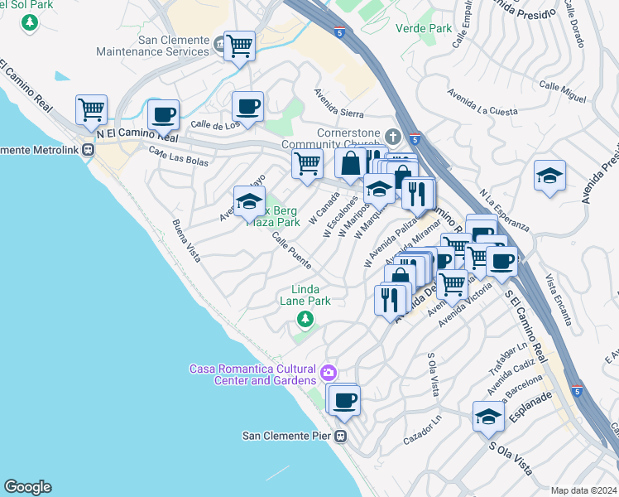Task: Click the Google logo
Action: tap(27, 487)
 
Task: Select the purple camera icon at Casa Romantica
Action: tap(329, 373)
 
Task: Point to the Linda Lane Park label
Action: tap(310, 295)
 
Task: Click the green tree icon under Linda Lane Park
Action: tap(306, 318)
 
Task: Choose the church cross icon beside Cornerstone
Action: tap(393, 135)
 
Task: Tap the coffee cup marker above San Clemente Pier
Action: tap(344, 400)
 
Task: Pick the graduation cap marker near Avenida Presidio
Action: tap(549, 176)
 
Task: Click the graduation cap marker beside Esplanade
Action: tap(489, 417)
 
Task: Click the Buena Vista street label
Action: tap(187, 240)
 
